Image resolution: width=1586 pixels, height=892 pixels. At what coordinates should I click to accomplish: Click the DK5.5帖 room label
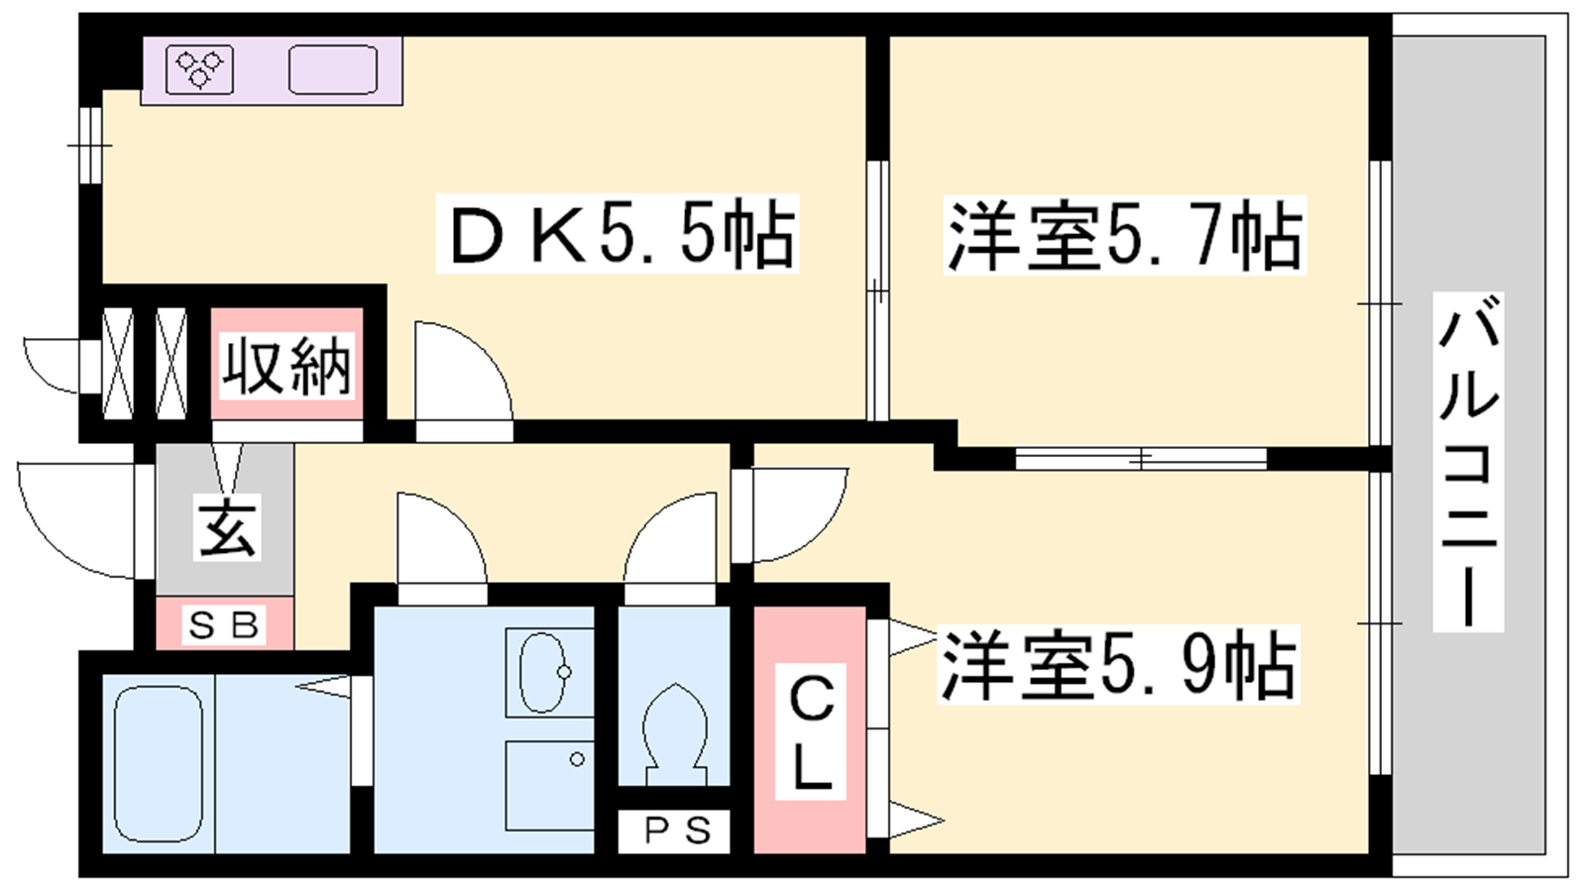(x=618, y=234)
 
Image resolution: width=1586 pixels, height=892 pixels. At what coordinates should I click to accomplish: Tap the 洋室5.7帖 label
(x=1124, y=235)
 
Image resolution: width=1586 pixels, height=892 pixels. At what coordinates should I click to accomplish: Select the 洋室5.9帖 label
(x=1118, y=665)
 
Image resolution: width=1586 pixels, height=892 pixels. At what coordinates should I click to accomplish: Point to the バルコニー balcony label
(x=1468, y=462)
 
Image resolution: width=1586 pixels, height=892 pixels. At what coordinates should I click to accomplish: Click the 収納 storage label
(x=286, y=366)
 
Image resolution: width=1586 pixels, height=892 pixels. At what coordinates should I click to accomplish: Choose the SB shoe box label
(x=224, y=625)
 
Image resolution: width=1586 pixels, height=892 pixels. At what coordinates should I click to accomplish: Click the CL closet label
(x=811, y=731)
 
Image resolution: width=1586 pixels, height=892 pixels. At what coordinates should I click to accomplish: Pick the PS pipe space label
(x=677, y=831)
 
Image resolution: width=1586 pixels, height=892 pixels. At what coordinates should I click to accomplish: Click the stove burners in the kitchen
(x=199, y=68)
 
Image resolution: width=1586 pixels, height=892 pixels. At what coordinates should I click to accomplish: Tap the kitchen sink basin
(x=333, y=69)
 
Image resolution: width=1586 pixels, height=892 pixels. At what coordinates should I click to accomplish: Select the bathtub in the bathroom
(x=159, y=763)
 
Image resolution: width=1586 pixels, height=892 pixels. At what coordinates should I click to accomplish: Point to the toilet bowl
(x=675, y=730)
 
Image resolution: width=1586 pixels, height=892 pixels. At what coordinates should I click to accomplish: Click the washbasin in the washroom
(x=544, y=671)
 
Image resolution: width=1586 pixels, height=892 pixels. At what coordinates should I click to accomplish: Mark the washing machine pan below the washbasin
(x=549, y=785)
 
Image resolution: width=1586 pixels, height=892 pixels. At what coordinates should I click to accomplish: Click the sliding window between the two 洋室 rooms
(x=1141, y=459)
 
